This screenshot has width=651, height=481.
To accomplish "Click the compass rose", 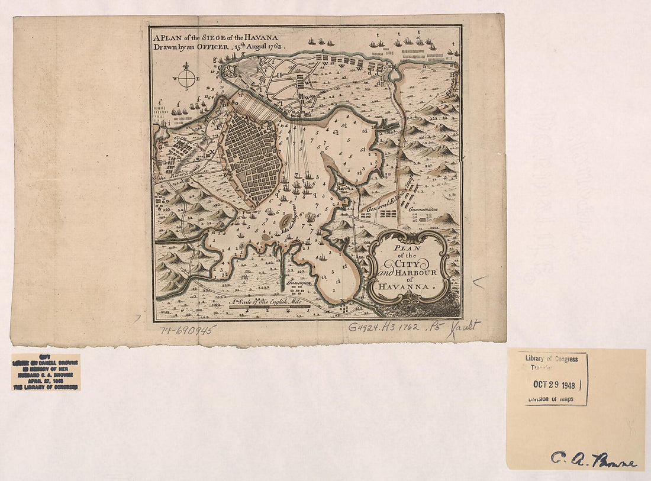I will point(187,78).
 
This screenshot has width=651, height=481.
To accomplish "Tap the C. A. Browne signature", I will point(594,458).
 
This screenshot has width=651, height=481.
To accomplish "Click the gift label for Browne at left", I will point(46,372).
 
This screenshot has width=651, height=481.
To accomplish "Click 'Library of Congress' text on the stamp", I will point(555,359).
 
